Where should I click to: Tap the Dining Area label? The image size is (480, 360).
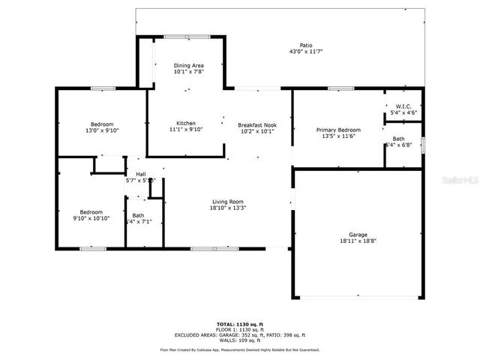188,66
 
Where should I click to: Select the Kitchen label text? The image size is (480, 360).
186,123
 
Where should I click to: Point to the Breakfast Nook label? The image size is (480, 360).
256,124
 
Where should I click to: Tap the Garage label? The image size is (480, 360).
358,235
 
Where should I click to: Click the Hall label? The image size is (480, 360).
140,174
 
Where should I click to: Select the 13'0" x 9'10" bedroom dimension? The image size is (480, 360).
102,130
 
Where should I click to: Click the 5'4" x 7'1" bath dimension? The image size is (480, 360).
139,222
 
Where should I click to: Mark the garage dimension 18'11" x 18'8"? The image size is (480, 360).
358,241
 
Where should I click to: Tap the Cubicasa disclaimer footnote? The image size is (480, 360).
239,349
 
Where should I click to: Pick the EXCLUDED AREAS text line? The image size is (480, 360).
239,335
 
